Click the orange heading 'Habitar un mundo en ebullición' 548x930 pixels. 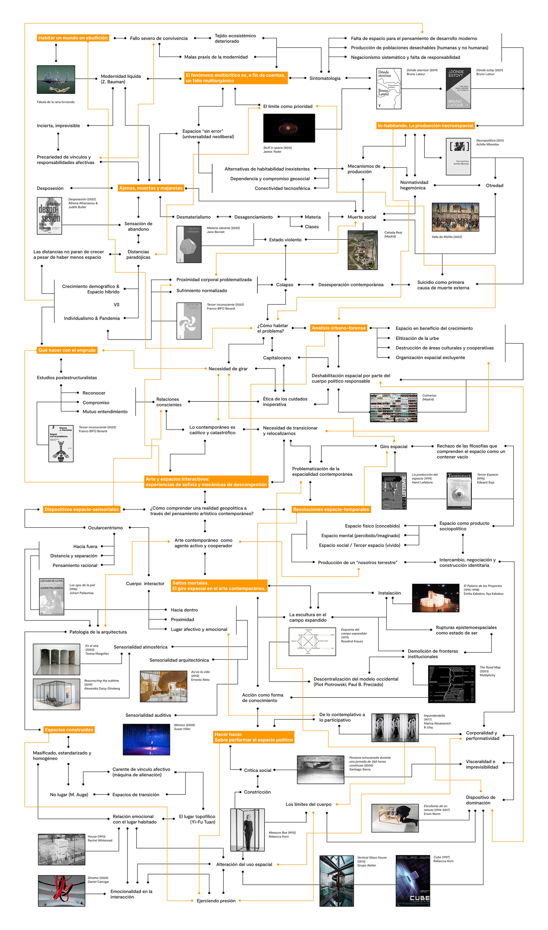73,38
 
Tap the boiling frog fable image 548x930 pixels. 56,79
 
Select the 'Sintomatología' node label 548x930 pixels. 325,78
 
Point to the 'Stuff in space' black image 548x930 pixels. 289,128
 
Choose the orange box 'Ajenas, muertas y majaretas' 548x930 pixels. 151,188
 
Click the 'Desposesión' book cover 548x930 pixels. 49,216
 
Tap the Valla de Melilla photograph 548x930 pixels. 455,217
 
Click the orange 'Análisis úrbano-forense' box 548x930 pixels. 338,328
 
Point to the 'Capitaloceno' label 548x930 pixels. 277,358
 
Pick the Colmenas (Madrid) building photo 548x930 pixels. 393,407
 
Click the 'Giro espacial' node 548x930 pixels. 393,446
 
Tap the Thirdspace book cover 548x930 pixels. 459,491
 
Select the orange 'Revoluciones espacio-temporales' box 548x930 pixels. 331,509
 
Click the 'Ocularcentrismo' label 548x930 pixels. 105,528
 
